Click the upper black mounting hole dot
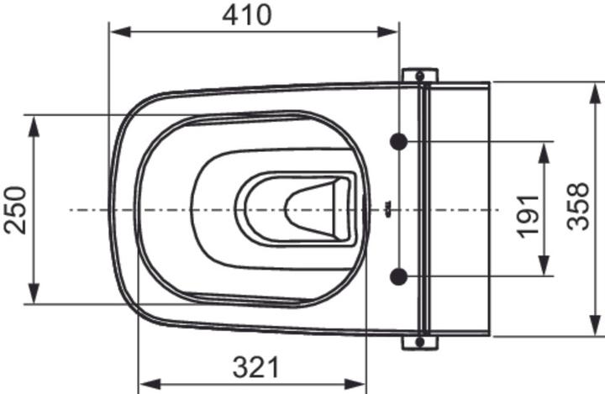pyautogui.click(x=399, y=142)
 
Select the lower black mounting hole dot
pyautogui.click(x=399, y=276)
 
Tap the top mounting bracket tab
pyautogui.click(x=420, y=76)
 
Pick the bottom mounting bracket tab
pyautogui.click(x=420, y=342)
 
